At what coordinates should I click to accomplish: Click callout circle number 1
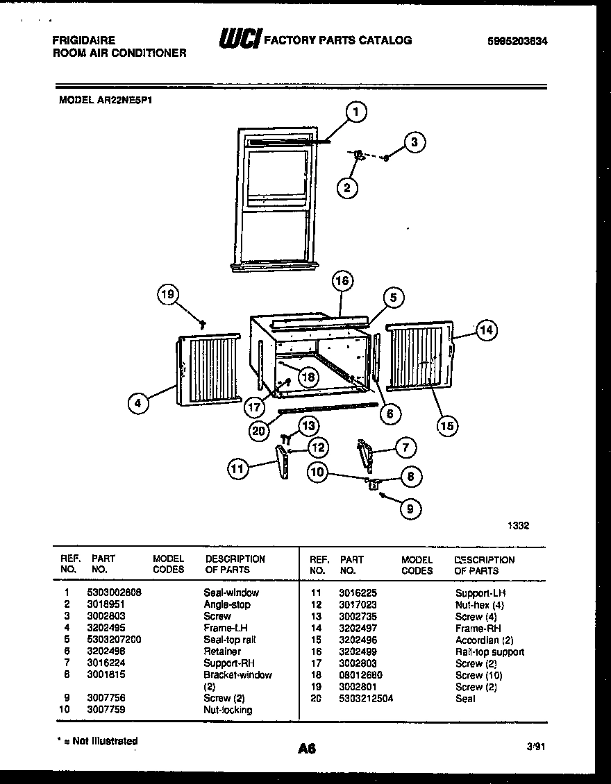(x=356, y=112)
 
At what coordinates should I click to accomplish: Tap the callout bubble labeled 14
(x=487, y=331)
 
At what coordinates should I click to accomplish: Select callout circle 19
(x=167, y=296)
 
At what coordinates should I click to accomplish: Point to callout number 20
(x=258, y=431)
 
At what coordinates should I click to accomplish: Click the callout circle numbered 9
(x=410, y=509)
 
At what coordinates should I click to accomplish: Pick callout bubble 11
(x=237, y=470)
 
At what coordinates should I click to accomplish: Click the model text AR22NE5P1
(x=126, y=100)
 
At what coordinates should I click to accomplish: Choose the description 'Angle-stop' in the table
(x=226, y=604)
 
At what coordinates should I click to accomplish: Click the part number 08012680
(x=360, y=675)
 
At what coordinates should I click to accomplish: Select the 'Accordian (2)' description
(x=484, y=640)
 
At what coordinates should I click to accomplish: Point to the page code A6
(x=307, y=749)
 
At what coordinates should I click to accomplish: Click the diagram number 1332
(x=518, y=526)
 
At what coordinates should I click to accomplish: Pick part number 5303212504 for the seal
(x=366, y=699)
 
